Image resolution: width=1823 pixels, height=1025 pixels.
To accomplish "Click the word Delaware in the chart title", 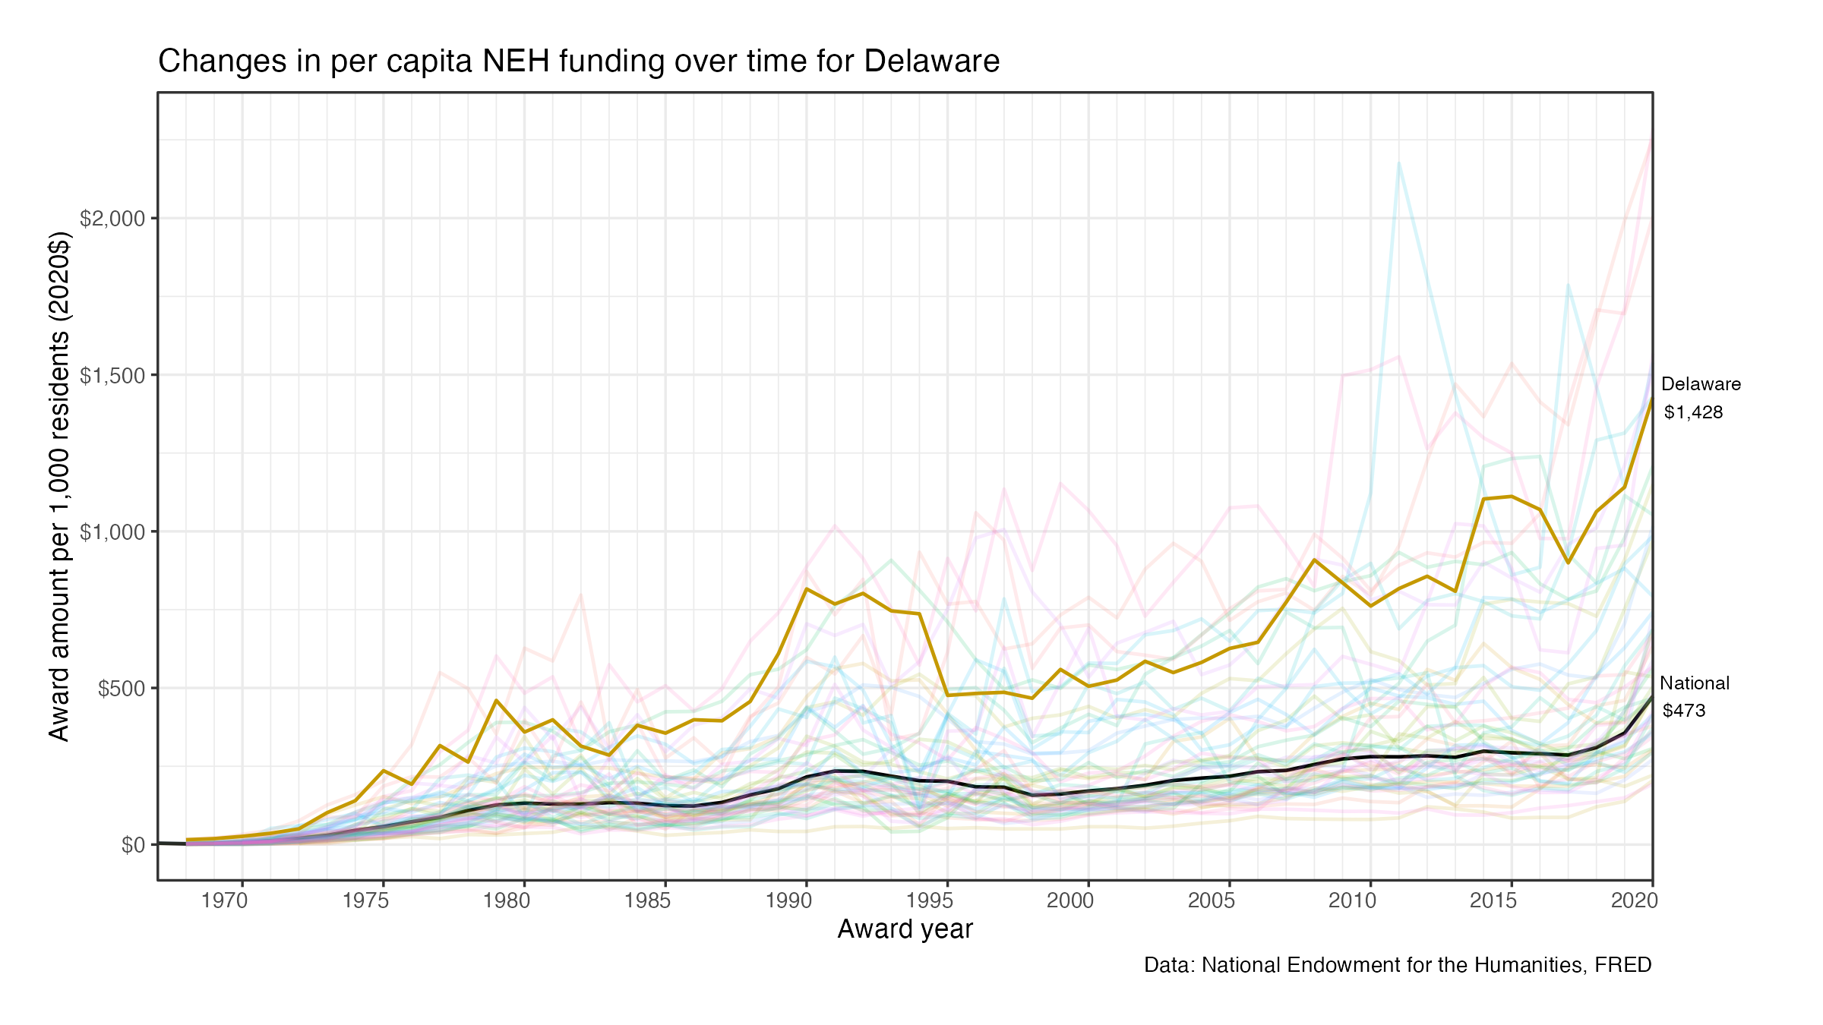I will (931, 61).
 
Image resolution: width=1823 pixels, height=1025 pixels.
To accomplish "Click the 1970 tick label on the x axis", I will (225, 900).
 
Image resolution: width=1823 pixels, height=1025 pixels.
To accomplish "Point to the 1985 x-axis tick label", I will (648, 900).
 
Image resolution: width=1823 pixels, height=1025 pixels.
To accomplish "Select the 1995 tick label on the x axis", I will (930, 900).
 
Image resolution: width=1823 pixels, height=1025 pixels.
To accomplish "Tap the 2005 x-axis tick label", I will (1212, 900).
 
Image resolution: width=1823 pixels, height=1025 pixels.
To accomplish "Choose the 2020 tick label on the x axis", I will (1635, 900).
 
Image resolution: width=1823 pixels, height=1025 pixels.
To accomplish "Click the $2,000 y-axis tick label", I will (112, 219).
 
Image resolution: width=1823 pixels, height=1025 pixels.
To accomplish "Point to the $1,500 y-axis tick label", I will (112, 375).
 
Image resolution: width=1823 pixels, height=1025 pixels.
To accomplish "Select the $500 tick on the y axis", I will (122, 689).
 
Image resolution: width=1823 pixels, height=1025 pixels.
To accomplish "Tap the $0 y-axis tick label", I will (133, 845).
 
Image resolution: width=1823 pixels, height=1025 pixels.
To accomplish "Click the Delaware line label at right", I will (1701, 384).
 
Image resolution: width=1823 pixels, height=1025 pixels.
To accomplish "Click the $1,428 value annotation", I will (1693, 412).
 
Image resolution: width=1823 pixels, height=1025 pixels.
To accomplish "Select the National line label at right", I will (1695, 683).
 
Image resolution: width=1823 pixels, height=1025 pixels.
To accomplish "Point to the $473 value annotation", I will (1684, 711).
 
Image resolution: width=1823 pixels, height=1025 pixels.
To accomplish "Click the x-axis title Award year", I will (905, 929).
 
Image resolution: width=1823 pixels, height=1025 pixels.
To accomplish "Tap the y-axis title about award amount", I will (59, 486).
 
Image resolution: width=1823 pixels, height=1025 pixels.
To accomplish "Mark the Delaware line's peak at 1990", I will (806, 588).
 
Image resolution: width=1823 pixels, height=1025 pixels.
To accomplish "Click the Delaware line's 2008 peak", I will (1314, 560).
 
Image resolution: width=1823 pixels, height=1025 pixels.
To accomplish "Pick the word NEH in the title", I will (517, 61).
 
